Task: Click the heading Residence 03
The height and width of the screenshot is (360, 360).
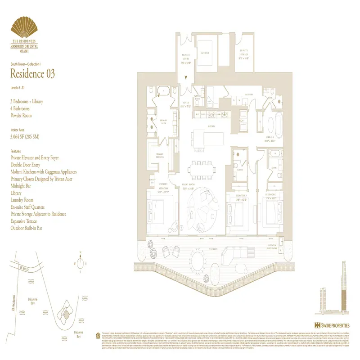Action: tap(32, 74)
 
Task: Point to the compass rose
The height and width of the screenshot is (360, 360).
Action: tap(79, 262)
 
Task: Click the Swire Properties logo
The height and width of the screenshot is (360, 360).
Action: tap(332, 324)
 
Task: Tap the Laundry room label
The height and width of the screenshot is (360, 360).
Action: tap(248, 94)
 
